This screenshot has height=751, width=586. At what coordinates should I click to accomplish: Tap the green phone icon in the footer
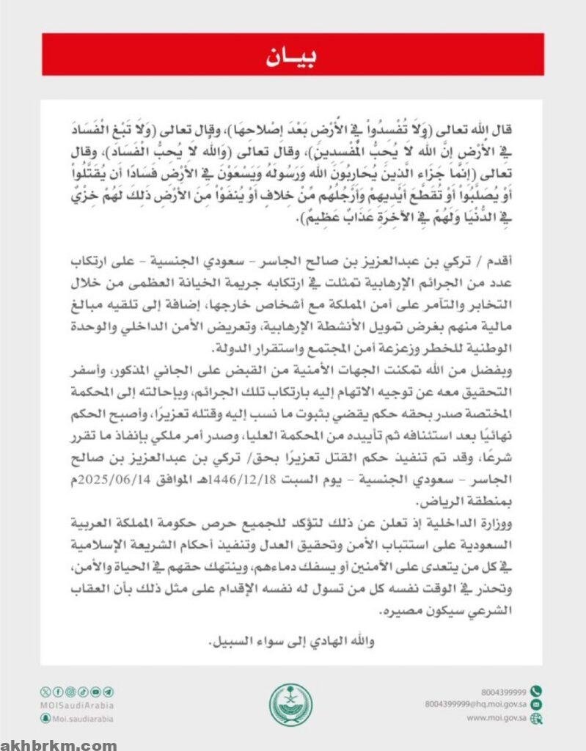click(536, 691)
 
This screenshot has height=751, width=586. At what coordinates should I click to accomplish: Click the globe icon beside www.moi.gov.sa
click(536, 719)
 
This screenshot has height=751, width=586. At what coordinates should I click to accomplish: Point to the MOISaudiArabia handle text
click(77, 706)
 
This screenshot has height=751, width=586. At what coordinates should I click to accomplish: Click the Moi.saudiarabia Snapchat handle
click(81, 719)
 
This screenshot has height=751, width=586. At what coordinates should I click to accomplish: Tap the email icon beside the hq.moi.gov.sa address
click(536, 704)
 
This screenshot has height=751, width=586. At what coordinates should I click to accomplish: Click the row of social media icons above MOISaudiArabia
click(77, 692)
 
